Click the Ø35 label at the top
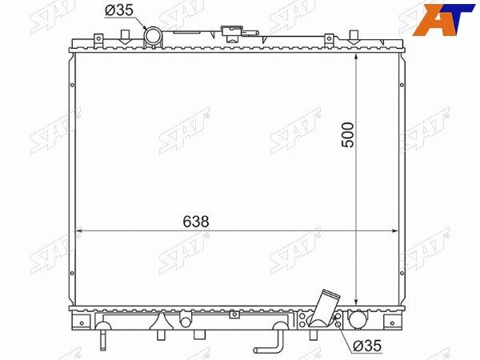tap(119, 10)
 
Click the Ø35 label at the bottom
tap(367, 346)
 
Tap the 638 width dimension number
tap(196, 222)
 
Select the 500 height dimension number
tap(347, 135)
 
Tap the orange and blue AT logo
tap(443, 20)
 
